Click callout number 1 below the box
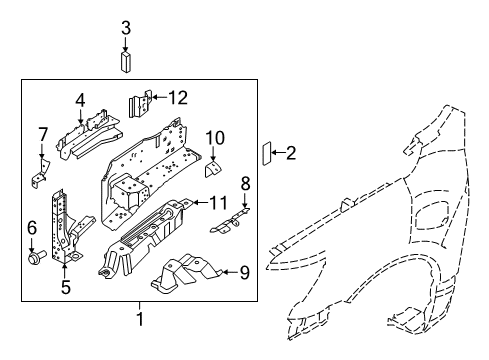(x=139, y=319)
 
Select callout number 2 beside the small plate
(x=291, y=153)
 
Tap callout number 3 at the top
(x=126, y=28)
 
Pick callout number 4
(x=81, y=99)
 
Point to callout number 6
(x=32, y=227)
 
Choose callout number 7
(x=43, y=134)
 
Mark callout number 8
(x=244, y=183)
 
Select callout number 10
(x=215, y=137)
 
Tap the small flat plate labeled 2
(x=267, y=153)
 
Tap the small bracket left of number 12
(x=140, y=103)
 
